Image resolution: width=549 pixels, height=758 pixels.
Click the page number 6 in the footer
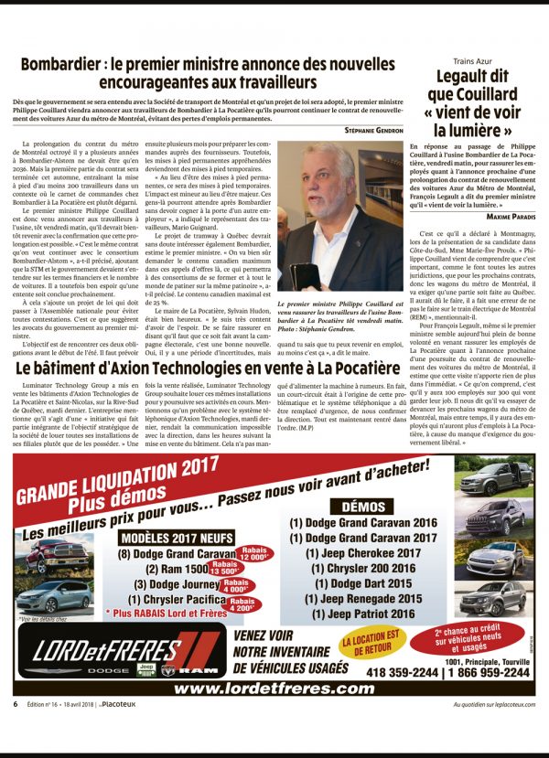tap(15, 704)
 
